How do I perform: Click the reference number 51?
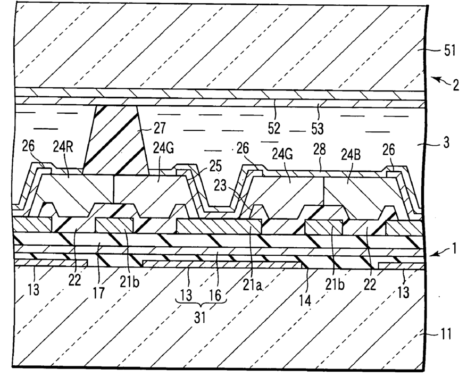click(450, 52)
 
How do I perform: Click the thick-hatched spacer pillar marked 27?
click(114, 144)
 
